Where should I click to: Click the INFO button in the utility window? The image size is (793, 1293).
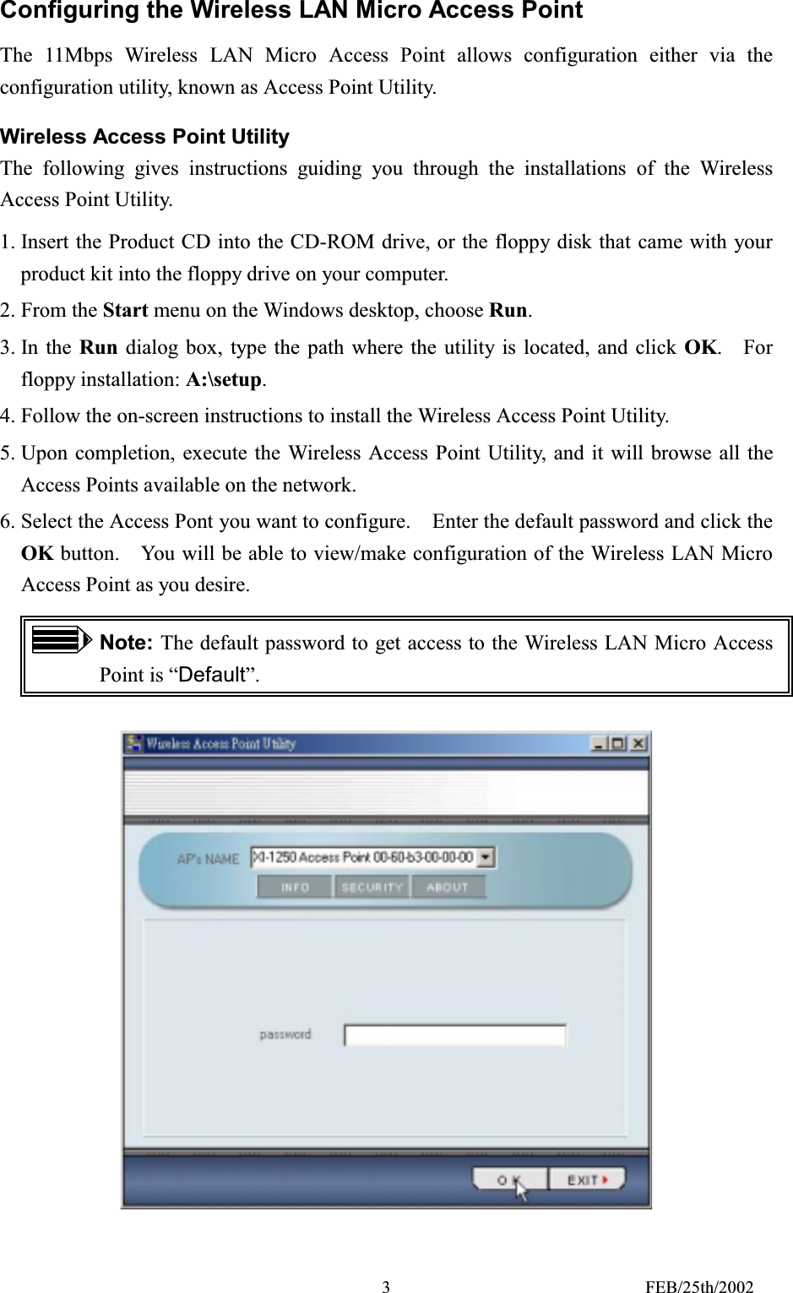pos(294,888)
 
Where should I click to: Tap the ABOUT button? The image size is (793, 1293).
pos(448,888)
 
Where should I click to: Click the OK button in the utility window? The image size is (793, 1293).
pos(509,1180)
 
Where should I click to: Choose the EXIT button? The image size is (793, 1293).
pos(587,1180)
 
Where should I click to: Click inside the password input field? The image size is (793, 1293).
pos(454,1035)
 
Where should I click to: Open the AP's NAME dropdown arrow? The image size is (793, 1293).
pos(486,858)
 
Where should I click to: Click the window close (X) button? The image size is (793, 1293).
pos(638,744)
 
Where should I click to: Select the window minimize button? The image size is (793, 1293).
pos(599,744)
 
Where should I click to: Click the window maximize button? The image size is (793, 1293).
pos(618,744)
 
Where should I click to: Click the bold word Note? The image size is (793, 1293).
pos(125,643)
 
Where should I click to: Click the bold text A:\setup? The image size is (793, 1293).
pos(224,380)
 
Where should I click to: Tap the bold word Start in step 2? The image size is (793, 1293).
pos(125,311)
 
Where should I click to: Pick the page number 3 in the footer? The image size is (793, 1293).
pos(386,1287)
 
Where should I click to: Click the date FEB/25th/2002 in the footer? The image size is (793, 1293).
pos(699,1287)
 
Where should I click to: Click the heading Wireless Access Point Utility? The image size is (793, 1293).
pos(144,137)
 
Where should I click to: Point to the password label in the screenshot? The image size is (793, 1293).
pos(285,1035)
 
